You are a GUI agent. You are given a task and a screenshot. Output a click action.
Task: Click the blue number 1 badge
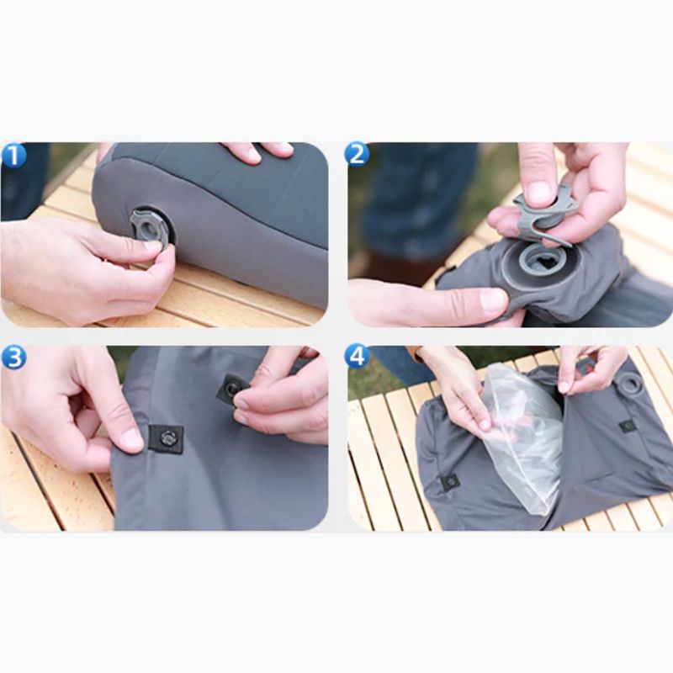14,156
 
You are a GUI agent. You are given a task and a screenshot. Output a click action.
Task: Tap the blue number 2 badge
357,154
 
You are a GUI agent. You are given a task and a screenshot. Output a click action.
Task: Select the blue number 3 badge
13,357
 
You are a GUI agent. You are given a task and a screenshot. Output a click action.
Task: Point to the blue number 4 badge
357,356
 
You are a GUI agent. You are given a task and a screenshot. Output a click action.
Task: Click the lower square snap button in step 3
167,438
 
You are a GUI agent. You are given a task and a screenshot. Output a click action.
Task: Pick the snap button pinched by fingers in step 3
231,389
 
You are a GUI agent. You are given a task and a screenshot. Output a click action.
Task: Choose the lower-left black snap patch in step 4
450,482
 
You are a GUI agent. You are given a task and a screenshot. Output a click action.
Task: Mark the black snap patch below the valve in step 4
627,425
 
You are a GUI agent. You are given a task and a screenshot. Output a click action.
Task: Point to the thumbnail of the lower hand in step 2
493,301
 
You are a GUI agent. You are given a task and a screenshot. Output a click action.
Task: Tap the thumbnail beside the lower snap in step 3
131,437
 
